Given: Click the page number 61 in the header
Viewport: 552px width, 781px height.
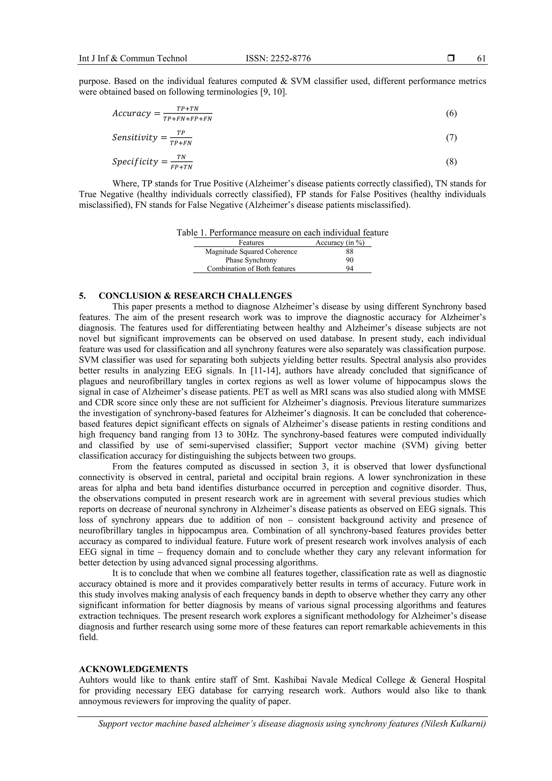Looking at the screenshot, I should (x=481, y=59).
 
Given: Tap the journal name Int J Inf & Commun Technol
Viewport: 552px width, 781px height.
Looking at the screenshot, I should (x=133, y=59).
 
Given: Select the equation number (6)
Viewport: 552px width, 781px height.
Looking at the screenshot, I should (x=451, y=113).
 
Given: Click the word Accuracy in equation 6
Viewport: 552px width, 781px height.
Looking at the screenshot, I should (x=132, y=113).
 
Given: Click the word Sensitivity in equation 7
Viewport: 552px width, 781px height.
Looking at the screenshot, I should (x=135, y=137).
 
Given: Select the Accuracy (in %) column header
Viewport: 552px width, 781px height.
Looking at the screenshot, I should (x=340, y=243).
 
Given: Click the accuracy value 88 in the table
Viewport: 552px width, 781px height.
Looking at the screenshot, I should (x=349, y=251).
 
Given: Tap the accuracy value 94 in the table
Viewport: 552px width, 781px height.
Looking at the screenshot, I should (x=349, y=269).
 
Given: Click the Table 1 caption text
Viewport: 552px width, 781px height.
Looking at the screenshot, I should (x=282, y=233).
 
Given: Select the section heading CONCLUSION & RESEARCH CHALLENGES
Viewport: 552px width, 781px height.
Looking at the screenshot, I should (x=195, y=295).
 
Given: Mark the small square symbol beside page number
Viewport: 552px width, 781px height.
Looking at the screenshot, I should (x=451, y=59).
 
